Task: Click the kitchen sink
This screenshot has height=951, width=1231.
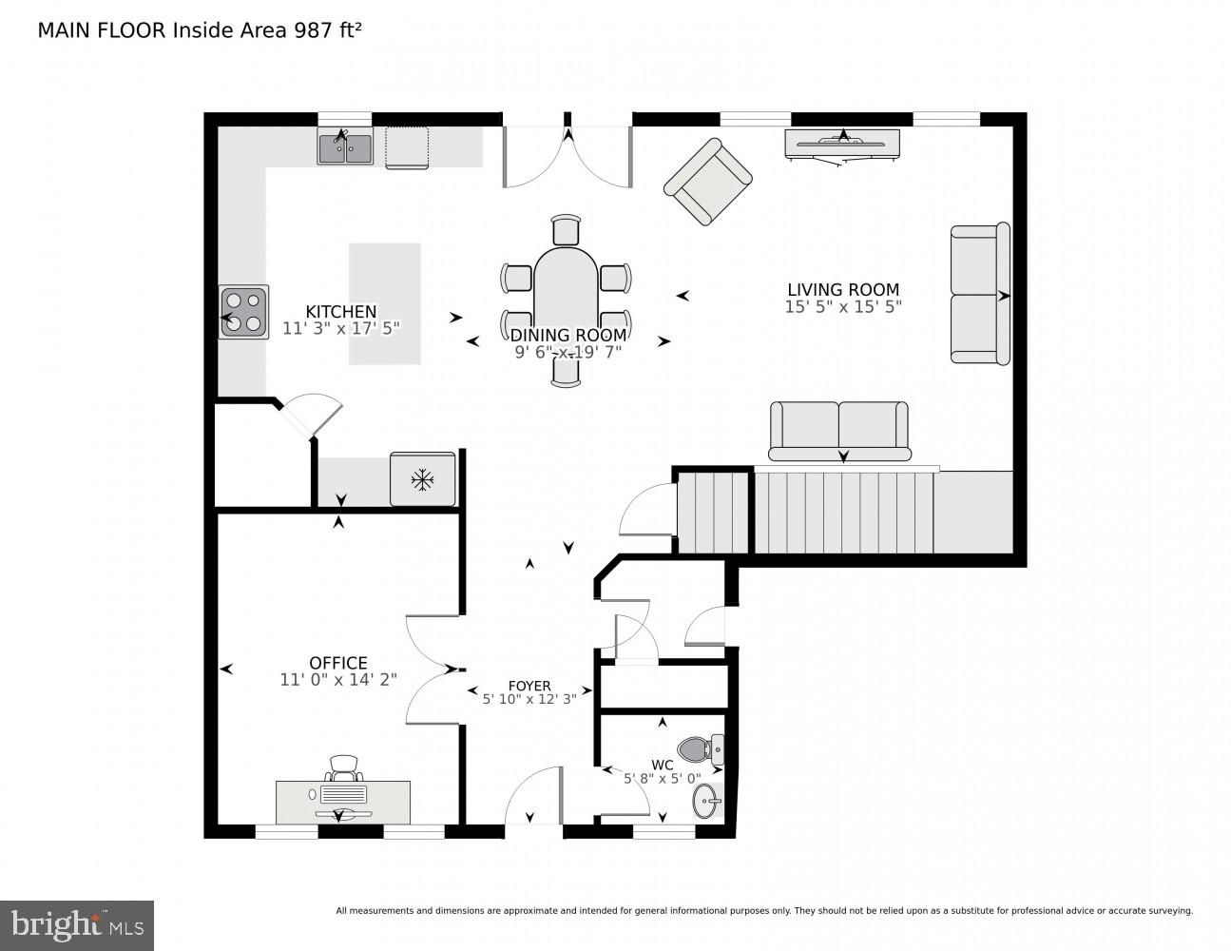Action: (345, 148)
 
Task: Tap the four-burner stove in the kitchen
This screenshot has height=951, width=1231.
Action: (243, 312)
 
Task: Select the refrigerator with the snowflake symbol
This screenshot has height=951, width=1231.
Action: (422, 479)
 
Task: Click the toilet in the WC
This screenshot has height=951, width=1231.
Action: (701, 749)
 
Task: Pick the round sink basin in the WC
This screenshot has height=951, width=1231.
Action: (706, 802)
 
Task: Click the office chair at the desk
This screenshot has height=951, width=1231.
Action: (344, 767)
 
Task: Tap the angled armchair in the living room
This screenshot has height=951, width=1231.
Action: (708, 183)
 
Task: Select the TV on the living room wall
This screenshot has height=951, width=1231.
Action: (842, 144)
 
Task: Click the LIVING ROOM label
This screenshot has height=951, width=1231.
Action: (842, 290)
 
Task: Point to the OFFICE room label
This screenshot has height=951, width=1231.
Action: (337, 663)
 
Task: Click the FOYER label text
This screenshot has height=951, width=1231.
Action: (529, 686)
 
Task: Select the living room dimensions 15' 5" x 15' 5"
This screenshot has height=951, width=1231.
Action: (842, 307)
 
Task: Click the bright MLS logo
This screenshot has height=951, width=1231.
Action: (76, 924)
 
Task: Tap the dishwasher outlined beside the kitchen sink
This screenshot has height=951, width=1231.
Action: (407, 148)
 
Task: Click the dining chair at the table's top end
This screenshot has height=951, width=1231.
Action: (566, 231)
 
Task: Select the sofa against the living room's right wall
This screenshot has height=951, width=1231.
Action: (979, 295)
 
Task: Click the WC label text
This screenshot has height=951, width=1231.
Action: (662, 765)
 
